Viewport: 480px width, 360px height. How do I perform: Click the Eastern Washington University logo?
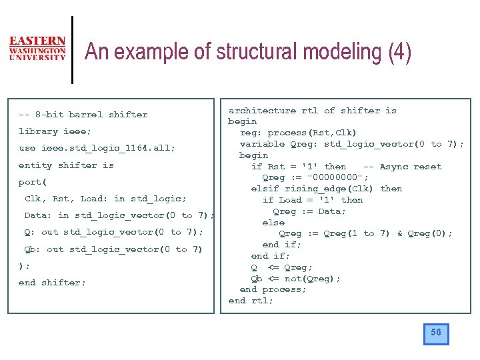click(37, 49)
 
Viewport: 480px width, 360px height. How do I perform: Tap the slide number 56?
click(436, 333)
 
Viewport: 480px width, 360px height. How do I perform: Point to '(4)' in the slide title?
click(399, 52)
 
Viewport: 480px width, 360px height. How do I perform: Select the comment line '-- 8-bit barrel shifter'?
click(83, 115)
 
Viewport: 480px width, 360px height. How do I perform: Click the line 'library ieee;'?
click(55, 131)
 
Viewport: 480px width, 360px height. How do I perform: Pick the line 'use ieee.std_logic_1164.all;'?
click(97, 148)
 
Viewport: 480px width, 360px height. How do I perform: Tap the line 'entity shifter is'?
click(66, 165)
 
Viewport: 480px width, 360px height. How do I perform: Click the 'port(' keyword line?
click(32, 182)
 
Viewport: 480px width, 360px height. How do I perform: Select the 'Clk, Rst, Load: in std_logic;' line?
click(105, 199)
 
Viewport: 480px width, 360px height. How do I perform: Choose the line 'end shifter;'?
click(52, 283)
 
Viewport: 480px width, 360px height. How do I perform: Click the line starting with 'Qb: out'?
click(113, 249)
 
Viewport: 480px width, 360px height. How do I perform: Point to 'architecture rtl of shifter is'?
click(312, 111)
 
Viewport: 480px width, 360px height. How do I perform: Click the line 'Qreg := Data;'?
click(309, 211)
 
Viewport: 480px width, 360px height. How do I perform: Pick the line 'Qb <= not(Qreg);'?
click(295, 279)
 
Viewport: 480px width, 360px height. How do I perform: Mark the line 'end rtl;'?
click(251, 301)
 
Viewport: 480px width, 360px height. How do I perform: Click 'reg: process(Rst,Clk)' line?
click(298, 133)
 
